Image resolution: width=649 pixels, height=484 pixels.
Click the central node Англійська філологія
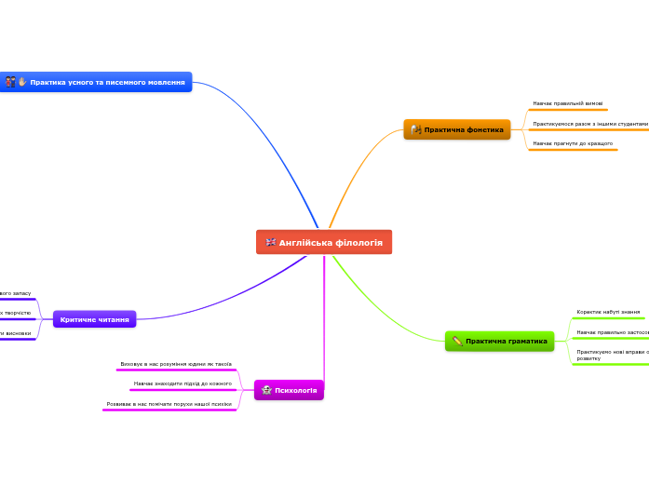point(324,242)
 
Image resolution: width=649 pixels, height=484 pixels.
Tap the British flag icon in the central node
point(270,242)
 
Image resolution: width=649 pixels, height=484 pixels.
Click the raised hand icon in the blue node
point(22,83)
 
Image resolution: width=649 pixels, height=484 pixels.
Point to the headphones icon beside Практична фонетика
point(416,129)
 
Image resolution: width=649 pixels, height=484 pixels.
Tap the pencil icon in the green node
point(457,342)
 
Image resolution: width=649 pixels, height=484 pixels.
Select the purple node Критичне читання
point(94,319)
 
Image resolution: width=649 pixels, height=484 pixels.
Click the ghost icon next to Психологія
point(267,390)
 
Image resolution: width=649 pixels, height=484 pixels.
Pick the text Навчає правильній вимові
point(561,103)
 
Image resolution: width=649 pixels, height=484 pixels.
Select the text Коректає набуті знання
point(608,312)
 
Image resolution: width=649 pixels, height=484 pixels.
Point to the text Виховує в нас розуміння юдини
point(176,364)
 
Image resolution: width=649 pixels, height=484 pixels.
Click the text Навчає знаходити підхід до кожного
point(183,383)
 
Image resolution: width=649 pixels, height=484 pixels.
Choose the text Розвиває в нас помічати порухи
point(169,404)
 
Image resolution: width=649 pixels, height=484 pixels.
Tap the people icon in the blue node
point(9,83)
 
